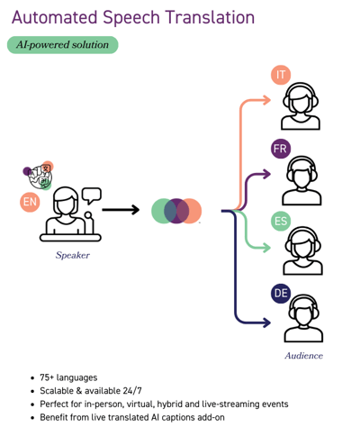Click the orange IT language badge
(x=281, y=75)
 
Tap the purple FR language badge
(x=281, y=149)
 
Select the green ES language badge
(x=281, y=222)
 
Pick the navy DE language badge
(x=281, y=293)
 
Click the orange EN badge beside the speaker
(x=30, y=202)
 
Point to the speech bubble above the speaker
(x=92, y=195)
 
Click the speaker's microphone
(x=89, y=223)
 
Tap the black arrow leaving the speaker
(x=121, y=210)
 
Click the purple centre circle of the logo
(x=176, y=211)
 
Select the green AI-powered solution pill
(x=63, y=45)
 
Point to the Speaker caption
(x=73, y=255)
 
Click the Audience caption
(x=304, y=356)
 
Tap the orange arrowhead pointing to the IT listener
(x=266, y=100)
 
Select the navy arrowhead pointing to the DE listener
(x=266, y=323)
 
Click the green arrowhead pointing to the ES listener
(x=266, y=248)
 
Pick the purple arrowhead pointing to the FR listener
(x=266, y=174)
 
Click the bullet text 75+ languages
(x=68, y=377)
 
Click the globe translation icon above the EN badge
(x=40, y=177)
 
